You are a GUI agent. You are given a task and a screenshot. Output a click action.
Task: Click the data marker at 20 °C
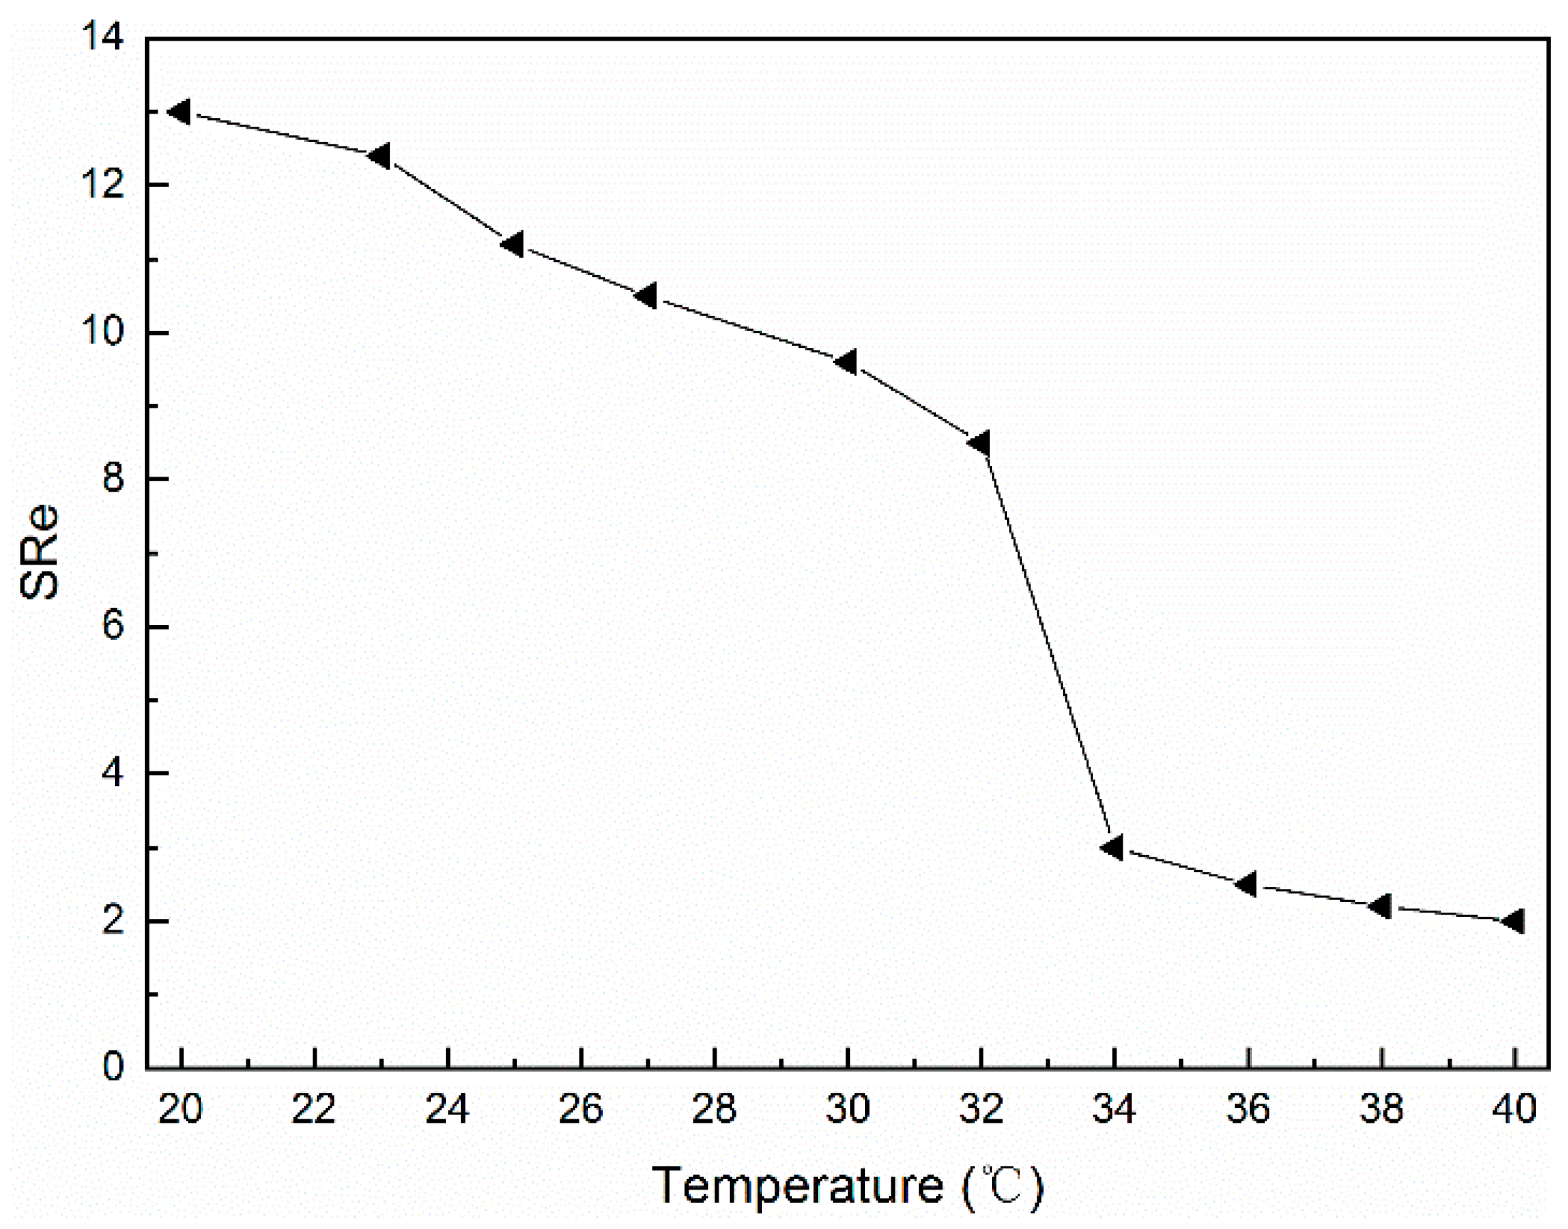(179, 112)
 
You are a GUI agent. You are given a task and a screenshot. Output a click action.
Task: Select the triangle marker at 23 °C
(380, 156)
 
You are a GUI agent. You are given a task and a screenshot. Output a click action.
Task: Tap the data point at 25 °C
(512, 245)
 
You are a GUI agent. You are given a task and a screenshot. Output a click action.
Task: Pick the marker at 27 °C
(646, 295)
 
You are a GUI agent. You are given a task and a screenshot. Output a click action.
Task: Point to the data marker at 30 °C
(846, 362)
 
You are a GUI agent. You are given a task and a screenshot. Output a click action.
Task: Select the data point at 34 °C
(1113, 848)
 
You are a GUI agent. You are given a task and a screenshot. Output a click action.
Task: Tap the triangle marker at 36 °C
(1246, 884)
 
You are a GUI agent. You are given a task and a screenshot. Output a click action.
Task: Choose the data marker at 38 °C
(1380, 906)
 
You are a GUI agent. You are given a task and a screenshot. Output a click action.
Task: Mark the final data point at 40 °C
(1513, 921)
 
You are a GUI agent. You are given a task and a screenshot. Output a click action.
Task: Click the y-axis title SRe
(39, 552)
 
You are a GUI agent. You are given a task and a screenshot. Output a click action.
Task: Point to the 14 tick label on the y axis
(103, 37)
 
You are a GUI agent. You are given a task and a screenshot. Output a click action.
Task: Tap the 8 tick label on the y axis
(113, 479)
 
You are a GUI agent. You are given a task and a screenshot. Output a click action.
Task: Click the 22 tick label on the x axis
(314, 1110)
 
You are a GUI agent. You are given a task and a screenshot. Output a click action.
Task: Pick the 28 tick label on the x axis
(714, 1110)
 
